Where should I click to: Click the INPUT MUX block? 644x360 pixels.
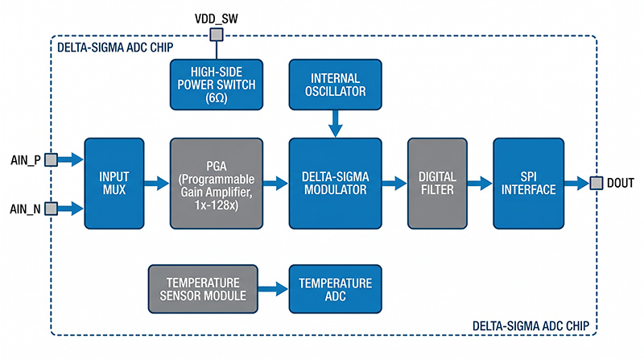point(114,183)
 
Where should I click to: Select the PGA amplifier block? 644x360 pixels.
point(217,183)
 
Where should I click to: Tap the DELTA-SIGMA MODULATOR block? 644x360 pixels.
point(336,183)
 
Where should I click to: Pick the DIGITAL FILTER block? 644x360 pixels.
point(437,183)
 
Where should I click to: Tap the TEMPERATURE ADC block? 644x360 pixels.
point(336,291)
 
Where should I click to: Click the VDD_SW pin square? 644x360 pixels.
point(215,35)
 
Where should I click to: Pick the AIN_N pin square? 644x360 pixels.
point(50,209)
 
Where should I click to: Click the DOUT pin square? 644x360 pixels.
point(597,184)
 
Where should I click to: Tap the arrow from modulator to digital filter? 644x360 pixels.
point(394,184)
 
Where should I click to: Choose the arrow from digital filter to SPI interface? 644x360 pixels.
point(481,184)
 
